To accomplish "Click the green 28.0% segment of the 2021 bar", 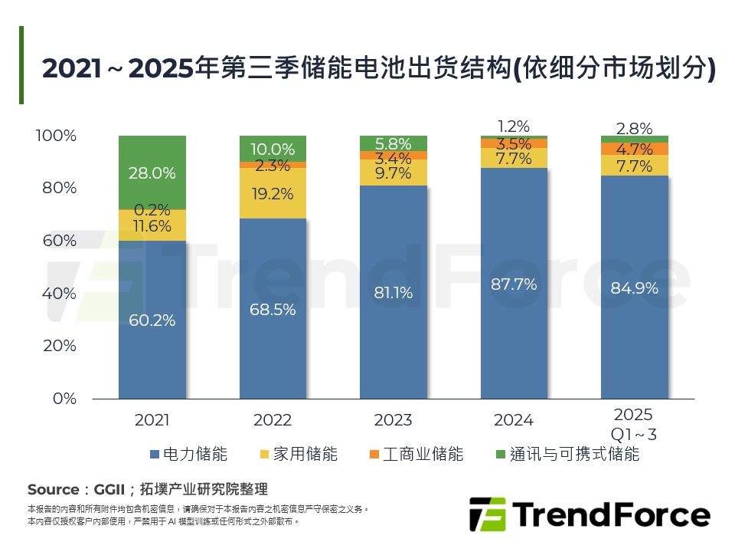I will (x=152, y=172).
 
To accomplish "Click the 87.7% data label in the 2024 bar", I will (x=514, y=284).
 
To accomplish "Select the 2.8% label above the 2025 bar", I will (x=634, y=128).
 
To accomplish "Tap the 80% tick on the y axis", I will (x=57, y=189).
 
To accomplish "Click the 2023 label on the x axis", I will (x=394, y=420).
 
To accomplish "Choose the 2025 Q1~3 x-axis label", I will (x=634, y=424).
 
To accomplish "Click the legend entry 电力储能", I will (x=189, y=454).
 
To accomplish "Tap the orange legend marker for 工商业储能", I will (x=374, y=454).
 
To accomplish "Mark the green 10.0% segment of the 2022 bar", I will (x=273, y=148).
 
